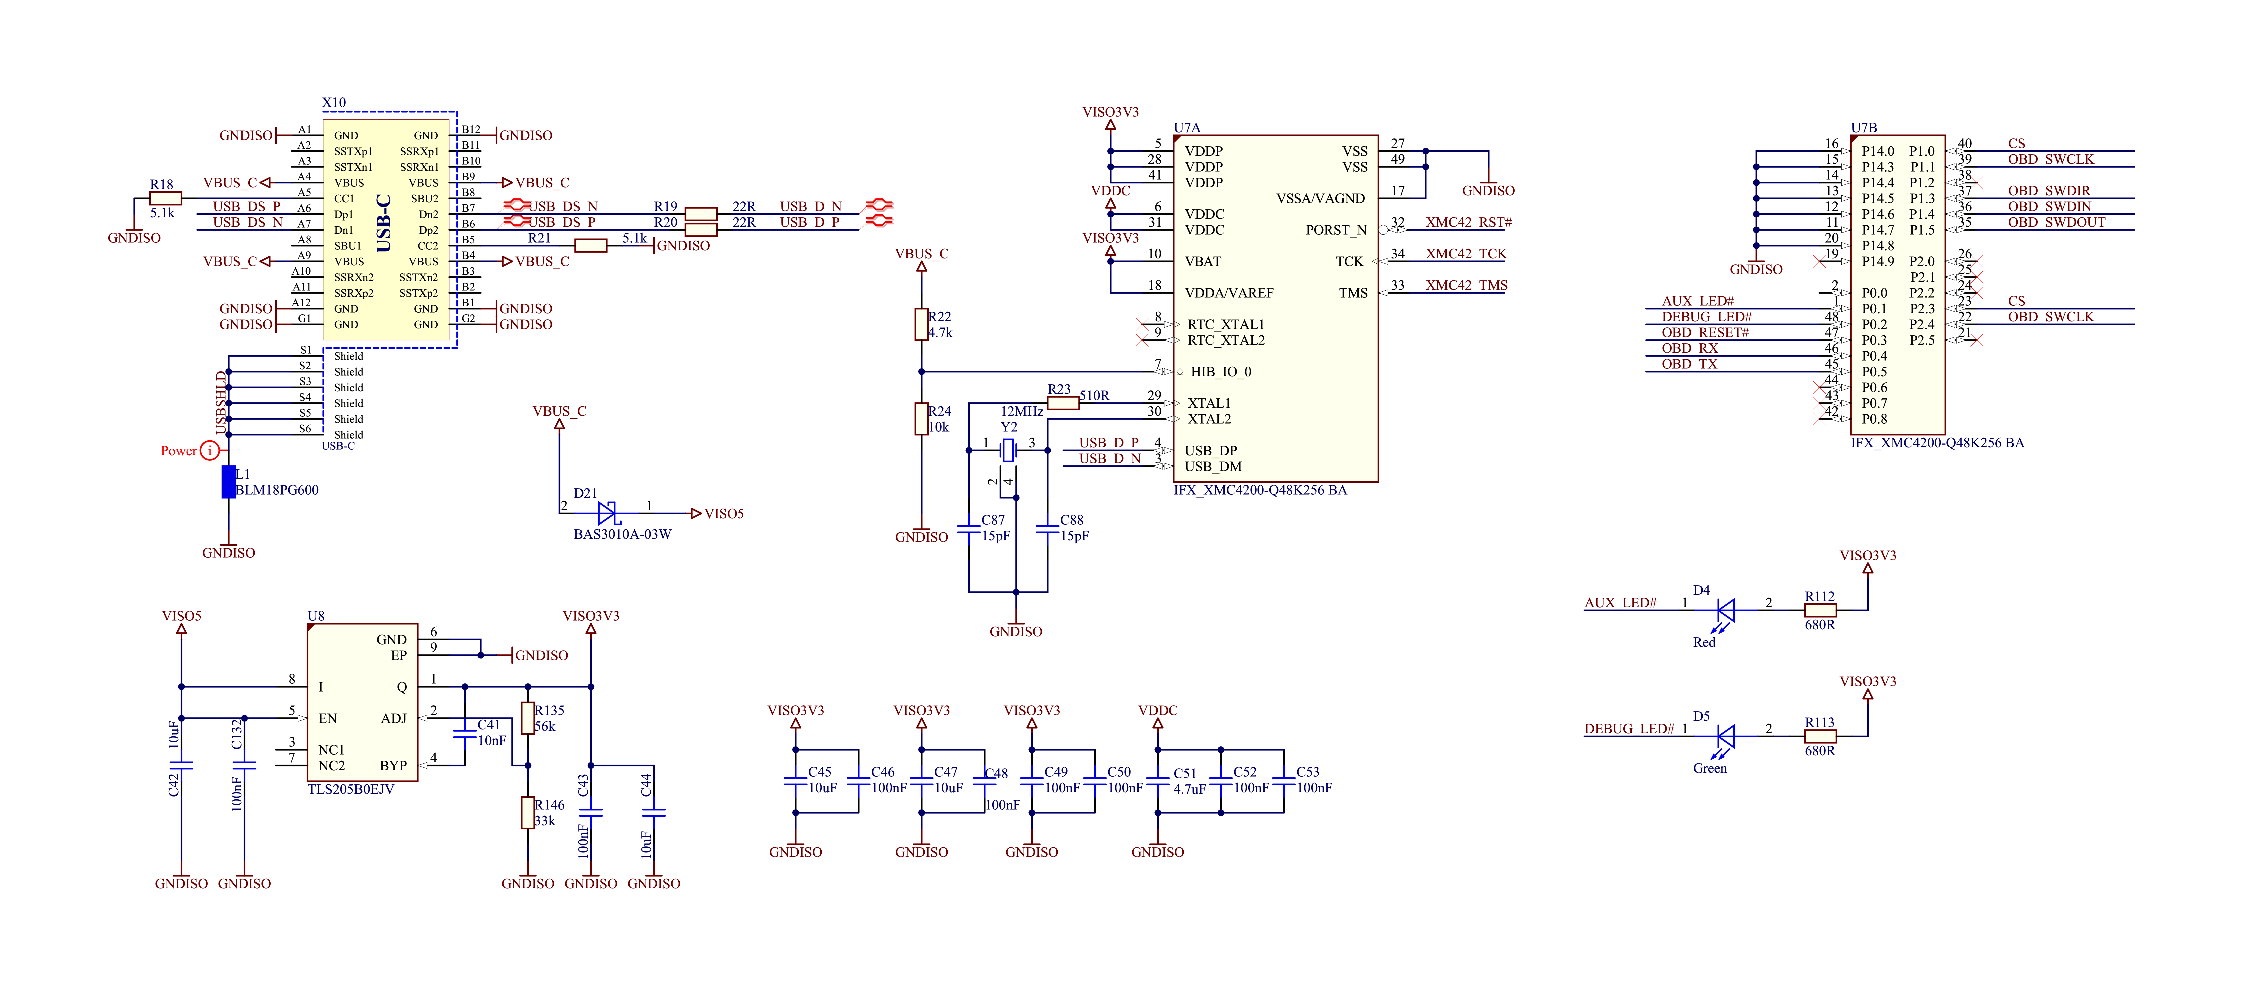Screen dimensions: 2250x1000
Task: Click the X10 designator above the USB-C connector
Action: tap(334, 102)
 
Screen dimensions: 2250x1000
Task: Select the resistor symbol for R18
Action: tap(166, 198)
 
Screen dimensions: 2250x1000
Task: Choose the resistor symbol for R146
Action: tap(527, 812)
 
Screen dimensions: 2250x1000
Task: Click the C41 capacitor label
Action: tap(489, 725)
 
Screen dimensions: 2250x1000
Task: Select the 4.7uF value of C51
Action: tap(1189, 789)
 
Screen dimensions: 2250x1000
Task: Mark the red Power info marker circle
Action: tap(210, 451)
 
